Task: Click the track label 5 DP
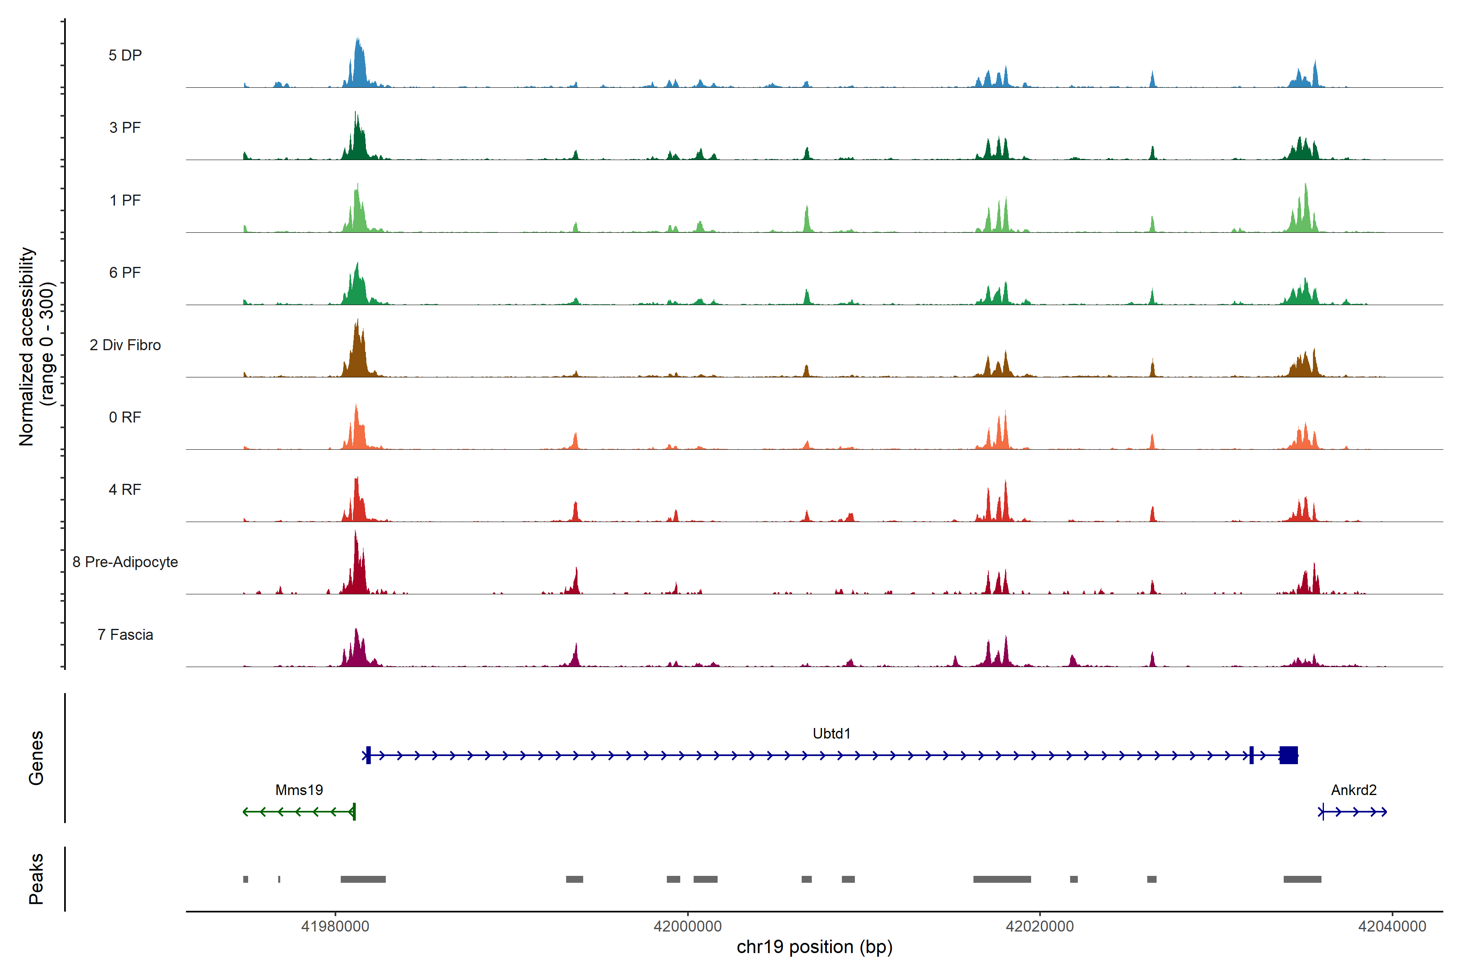coord(125,55)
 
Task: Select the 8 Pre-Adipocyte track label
coord(125,562)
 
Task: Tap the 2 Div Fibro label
coord(125,345)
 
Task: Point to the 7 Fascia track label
coord(125,635)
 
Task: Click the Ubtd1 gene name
coord(831,734)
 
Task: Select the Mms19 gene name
coord(299,790)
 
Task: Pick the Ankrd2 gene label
coord(1353,790)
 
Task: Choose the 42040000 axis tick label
coord(1392,927)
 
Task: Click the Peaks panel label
coord(36,879)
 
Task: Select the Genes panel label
coord(36,758)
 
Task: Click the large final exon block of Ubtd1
coord(1289,756)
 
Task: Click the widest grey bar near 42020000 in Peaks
coord(1002,879)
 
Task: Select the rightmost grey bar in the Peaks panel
coord(1302,879)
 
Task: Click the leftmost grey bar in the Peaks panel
coord(246,879)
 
